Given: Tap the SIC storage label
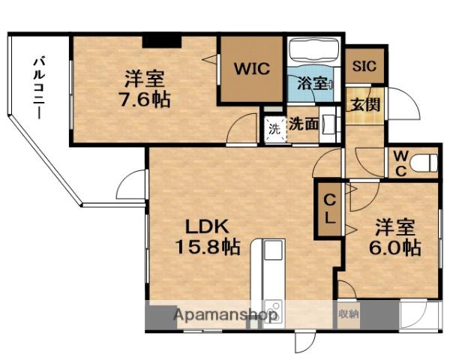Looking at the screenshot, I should coord(364,64).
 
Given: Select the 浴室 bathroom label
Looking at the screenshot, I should coord(310,83).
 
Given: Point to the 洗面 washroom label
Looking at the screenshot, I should coord(303,123).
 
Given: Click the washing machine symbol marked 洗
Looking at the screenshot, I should coord(274,128).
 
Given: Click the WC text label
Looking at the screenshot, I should coord(400,162).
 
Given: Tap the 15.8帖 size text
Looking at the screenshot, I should coord(208,246).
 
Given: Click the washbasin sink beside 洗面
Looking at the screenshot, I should coord(329,125).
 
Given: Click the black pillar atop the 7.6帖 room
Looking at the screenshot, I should coord(162,40).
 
